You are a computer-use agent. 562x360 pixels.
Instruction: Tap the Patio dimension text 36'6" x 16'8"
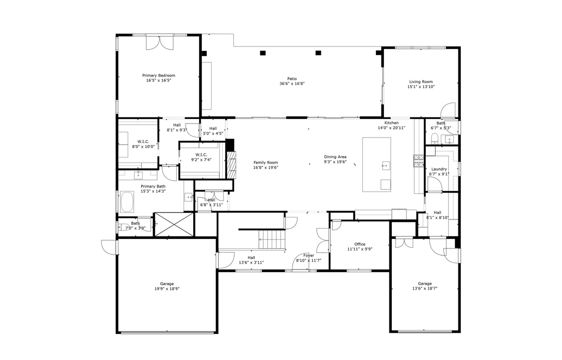click(292, 83)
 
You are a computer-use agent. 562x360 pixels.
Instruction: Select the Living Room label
click(421, 81)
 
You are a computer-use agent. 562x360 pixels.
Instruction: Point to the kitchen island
click(376, 164)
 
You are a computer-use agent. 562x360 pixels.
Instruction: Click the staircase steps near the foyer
click(272, 239)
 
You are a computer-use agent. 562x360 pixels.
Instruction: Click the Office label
click(360, 244)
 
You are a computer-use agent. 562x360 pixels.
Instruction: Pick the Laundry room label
click(439, 169)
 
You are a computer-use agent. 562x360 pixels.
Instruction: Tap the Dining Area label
click(335, 156)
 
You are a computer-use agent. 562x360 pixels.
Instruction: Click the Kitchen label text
click(391, 123)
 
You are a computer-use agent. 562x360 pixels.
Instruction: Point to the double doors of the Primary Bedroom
click(159, 43)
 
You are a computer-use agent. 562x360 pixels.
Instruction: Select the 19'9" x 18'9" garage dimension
click(167, 288)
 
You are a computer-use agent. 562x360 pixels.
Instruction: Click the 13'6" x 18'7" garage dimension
click(424, 288)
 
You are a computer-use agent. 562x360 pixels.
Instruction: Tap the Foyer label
click(308, 255)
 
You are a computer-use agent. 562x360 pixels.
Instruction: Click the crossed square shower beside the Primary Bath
click(174, 224)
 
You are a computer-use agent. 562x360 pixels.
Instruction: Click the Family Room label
click(265, 162)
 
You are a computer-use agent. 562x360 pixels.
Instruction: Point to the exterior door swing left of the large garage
click(109, 247)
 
